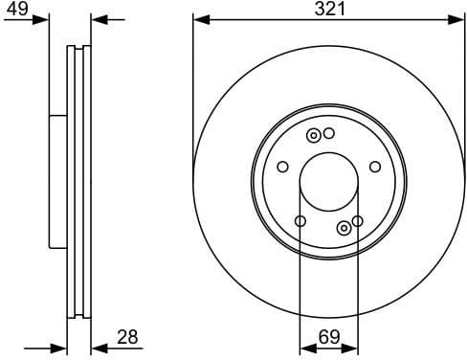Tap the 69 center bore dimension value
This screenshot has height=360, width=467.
tap(328, 336)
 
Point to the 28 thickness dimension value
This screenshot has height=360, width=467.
tap(127, 336)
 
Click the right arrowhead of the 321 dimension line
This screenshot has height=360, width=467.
tap(458, 19)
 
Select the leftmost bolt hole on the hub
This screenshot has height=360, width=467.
tap(282, 168)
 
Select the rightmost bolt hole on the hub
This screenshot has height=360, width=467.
tap(375, 167)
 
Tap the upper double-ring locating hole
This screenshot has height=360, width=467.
tap(313, 135)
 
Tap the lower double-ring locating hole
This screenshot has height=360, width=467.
tap(344, 227)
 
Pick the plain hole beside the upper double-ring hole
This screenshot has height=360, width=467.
tap(328, 133)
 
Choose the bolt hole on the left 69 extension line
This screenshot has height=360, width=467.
tap(300, 222)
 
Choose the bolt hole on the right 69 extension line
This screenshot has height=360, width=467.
tap(357, 221)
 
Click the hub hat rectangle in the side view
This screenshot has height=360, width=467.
tap(57, 180)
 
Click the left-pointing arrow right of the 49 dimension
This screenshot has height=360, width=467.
tap(100, 19)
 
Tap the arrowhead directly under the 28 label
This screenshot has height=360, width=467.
tap(99, 348)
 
